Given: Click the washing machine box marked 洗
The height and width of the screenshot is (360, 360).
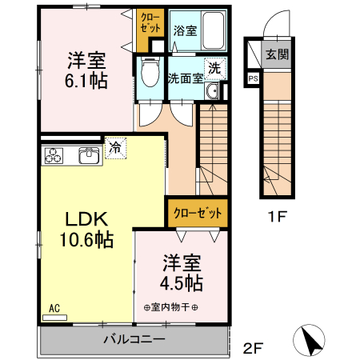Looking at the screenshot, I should (214, 68).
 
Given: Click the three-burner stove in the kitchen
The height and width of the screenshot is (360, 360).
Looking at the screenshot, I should (54, 155).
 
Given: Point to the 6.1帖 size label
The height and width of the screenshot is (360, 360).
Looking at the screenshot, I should (86, 80).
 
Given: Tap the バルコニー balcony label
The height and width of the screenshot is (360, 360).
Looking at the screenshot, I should (134, 340).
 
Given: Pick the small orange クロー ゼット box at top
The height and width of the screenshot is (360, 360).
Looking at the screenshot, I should (150, 22).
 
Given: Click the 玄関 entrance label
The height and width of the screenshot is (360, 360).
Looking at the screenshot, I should (278, 55).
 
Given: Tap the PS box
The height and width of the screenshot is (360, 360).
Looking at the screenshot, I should (254, 78).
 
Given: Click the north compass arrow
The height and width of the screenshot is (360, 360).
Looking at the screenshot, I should (311, 342).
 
